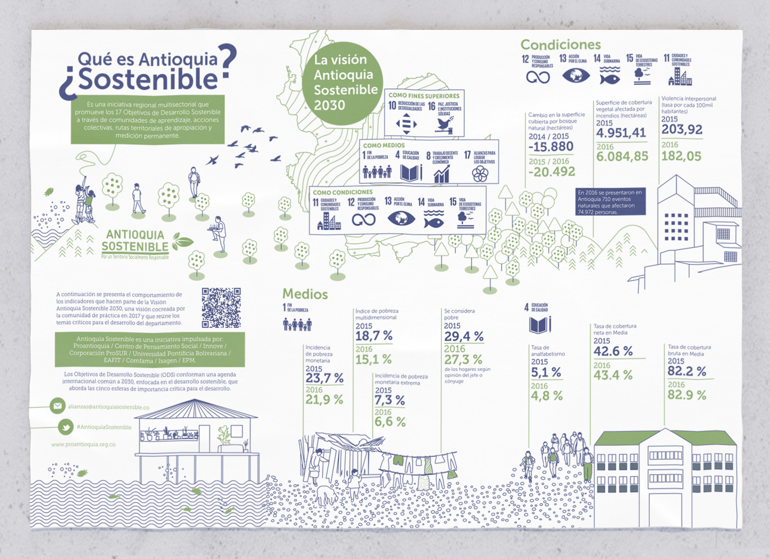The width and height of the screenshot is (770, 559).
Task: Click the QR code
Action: (x=221, y=307)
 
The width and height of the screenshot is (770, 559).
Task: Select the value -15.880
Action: (x=550, y=147)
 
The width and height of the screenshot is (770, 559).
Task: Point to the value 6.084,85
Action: (x=622, y=156)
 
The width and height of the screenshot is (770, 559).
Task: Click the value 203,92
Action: (x=682, y=130)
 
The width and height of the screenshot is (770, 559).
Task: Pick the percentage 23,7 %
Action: (x=324, y=378)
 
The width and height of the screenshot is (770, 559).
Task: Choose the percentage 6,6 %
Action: (x=390, y=421)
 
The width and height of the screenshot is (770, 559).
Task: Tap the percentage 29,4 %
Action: (x=463, y=336)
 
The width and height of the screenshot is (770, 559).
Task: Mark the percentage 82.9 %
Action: (x=687, y=395)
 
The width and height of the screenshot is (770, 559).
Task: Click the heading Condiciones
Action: (x=560, y=45)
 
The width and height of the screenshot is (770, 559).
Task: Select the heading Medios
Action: (x=305, y=294)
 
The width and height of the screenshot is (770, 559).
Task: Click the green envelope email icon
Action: (x=58, y=406)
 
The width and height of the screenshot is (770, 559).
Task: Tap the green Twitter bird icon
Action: (x=66, y=427)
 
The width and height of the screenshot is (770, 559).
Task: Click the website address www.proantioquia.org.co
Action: (x=83, y=444)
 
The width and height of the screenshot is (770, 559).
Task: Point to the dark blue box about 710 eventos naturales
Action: (x=610, y=202)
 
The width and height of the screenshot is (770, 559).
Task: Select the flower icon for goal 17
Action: (x=480, y=174)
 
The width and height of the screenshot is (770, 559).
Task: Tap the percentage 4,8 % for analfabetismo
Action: (x=546, y=395)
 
